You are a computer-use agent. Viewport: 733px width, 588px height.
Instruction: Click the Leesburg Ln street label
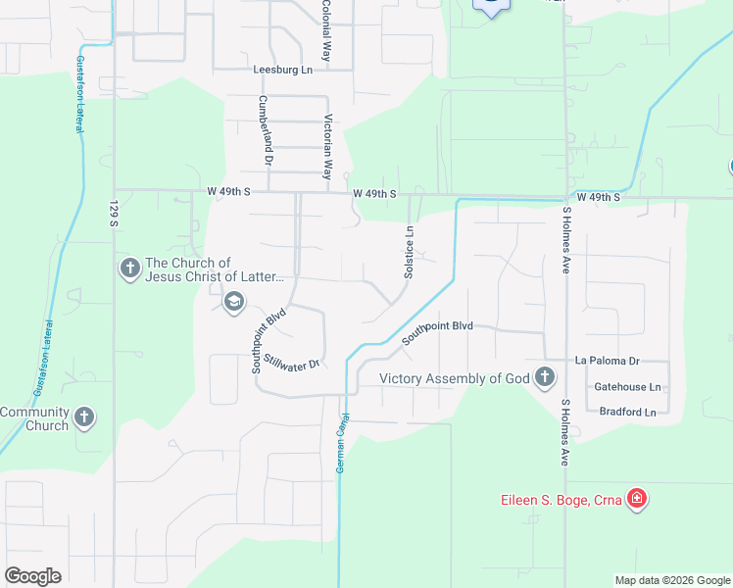pos(282,70)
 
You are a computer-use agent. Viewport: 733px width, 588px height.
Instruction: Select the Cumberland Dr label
pos(265,129)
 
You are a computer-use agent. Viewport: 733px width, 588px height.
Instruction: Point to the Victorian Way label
pos(327,147)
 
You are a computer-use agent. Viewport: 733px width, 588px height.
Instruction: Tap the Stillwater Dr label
pos(293,364)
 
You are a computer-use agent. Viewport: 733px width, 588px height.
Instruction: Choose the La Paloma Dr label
pos(608,361)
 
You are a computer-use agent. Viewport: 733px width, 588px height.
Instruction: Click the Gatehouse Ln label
pos(627,387)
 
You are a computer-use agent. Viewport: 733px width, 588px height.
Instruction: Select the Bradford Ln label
pos(627,413)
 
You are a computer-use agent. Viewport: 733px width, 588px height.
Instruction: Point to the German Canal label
pos(343,443)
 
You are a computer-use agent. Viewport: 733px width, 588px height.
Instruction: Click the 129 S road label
pos(115,216)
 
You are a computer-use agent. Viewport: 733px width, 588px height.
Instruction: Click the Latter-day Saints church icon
pos(129,269)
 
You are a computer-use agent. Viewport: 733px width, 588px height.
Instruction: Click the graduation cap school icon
pos(233,301)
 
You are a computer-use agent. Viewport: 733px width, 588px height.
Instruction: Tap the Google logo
pos(32,576)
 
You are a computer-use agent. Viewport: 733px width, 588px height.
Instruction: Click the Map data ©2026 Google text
pos(672,580)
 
